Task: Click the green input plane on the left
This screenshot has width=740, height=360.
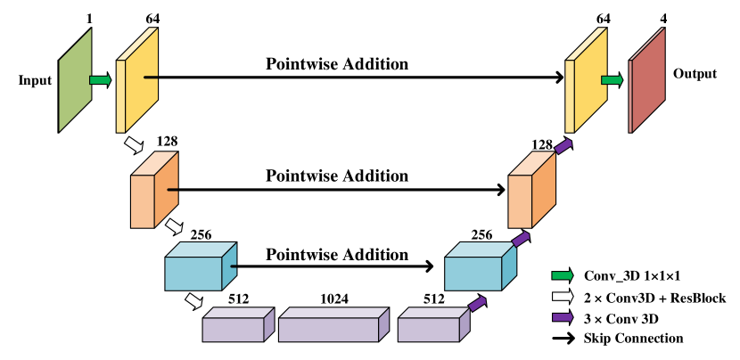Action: [75, 80]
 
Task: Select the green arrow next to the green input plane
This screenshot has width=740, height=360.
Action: [100, 80]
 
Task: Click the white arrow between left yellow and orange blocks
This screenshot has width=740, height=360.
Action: [134, 144]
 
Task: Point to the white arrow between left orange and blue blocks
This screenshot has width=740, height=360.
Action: [174, 226]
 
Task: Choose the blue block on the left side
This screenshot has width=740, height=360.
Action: [198, 269]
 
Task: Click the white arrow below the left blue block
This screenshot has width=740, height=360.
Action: [193, 301]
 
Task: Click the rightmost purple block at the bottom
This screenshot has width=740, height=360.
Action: [432, 327]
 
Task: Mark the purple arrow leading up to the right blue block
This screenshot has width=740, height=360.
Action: [478, 303]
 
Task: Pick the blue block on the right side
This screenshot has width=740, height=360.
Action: [478, 269]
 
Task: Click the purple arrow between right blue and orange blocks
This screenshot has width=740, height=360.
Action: [521, 239]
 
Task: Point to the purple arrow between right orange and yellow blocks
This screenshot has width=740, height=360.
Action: [563, 145]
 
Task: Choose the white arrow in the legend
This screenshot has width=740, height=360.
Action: [562, 296]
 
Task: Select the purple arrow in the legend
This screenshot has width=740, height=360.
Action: [562, 316]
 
